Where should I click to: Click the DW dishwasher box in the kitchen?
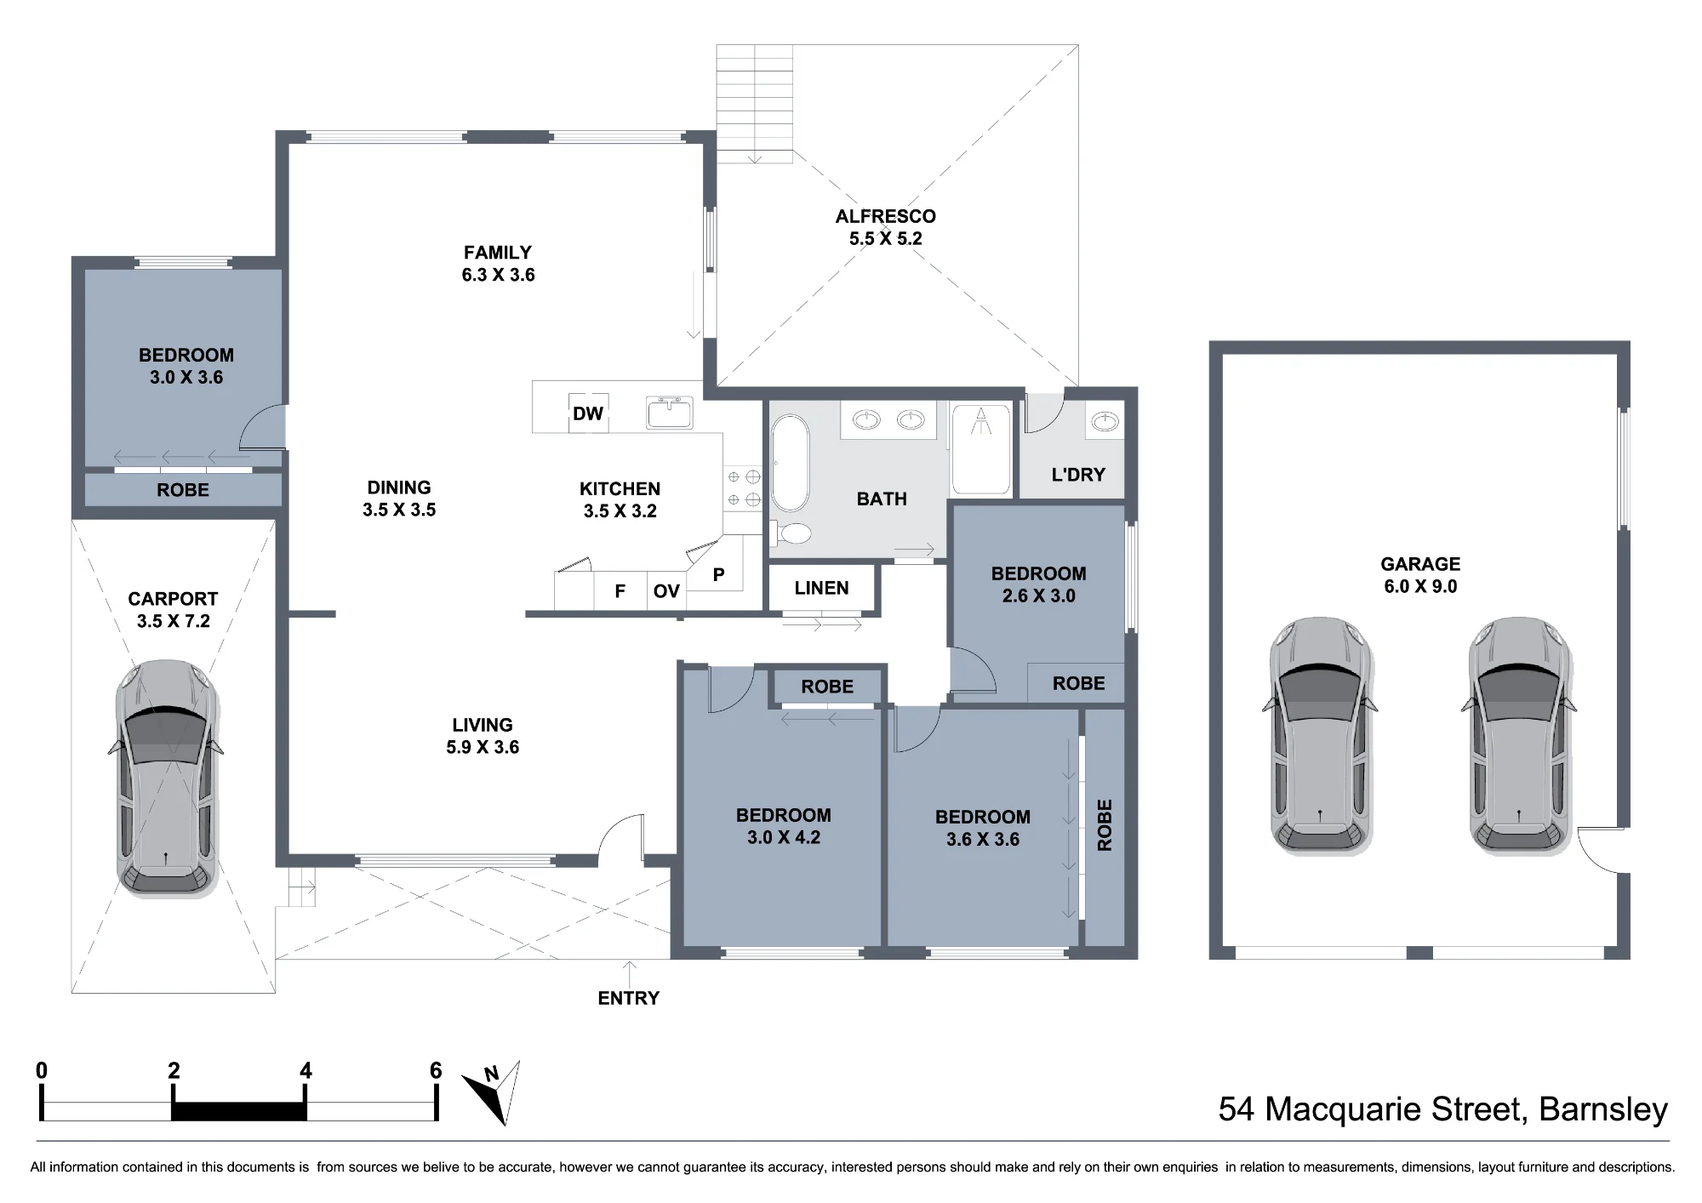click(588, 413)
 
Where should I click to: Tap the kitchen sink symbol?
click(670, 412)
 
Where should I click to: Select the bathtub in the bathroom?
click(791, 463)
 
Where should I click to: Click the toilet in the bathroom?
click(791, 533)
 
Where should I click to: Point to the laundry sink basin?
click(1105, 421)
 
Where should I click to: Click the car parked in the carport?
click(167, 778)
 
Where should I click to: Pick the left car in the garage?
click(1320, 735)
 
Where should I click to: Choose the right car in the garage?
click(1519, 735)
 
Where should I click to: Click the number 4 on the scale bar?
click(306, 1070)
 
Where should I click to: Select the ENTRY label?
click(628, 998)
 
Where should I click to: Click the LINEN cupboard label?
click(821, 588)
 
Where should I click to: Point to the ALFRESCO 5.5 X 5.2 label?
click(885, 227)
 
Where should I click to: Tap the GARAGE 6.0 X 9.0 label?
click(1419, 575)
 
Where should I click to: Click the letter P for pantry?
click(718, 575)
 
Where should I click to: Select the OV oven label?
click(666, 590)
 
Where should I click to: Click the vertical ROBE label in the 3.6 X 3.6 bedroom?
click(1105, 824)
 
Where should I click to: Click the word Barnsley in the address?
click(1603, 1109)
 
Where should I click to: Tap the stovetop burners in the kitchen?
click(742, 488)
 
